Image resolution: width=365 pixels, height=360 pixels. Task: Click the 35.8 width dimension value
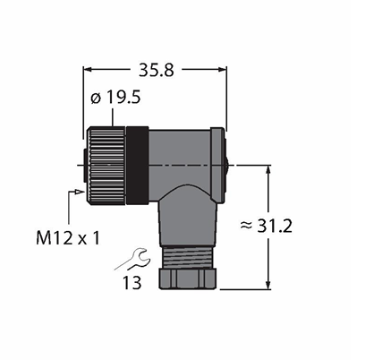[157, 71]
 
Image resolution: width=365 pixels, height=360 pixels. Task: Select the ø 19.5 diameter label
[115, 98]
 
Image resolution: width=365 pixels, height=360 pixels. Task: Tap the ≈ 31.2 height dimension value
[266, 226]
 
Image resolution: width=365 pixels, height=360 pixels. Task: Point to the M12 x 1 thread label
[67, 238]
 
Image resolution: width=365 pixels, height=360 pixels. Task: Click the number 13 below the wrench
[132, 282]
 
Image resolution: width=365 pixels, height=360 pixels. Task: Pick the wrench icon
[132, 259]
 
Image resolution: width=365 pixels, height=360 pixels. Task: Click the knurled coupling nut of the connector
[106, 166]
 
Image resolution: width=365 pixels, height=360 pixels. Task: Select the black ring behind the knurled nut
[138, 166]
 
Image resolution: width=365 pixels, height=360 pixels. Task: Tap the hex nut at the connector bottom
[187, 279]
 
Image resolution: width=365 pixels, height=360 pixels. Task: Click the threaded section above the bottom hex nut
[187, 257]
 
